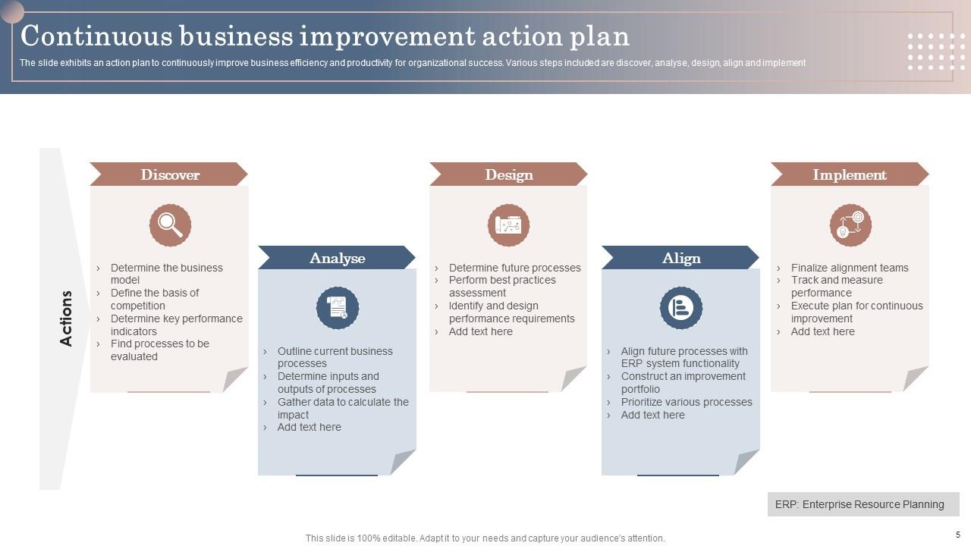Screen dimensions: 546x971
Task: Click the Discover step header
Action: pyautogui.click(x=169, y=174)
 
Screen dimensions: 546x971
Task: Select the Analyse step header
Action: pyautogui.click(x=337, y=258)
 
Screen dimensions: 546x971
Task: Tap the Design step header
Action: pyautogui.click(x=508, y=174)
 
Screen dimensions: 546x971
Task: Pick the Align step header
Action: pyautogui.click(x=680, y=258)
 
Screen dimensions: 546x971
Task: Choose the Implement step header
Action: pyautogui.click(x=850, y=174)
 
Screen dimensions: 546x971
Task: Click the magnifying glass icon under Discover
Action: pyautogui.click(x=170, y=225)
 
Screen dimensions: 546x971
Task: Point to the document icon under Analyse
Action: pyautogui.click(x=337, y=308)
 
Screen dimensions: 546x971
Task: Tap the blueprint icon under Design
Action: pyautogui.click(x=508, y=225)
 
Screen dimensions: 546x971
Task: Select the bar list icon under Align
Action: pyautogui.click(x=680, y=308)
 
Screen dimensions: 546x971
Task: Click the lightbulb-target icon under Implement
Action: pyautogui.click(x=850, y=225)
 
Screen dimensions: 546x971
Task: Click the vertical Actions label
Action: pyautogui.click(x=66, y=318)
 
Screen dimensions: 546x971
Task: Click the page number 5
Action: pyautogui.click(x=957, y=535)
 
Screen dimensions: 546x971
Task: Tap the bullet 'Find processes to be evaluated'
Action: pyautogui.click(x=159, y=350)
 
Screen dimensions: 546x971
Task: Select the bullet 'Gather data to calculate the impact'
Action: pyautogui.click(x=342, y=408)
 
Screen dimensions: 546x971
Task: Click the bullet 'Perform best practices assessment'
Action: pyautogui.click(x=501, y=286)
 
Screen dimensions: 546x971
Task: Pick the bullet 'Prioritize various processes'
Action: pyautogui.click(x=686, y=402)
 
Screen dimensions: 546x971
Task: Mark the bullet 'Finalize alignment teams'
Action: pyautogui.click(x=849, y=268)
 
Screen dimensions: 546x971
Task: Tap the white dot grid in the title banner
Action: pyautogui.click(x=936, y=51)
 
